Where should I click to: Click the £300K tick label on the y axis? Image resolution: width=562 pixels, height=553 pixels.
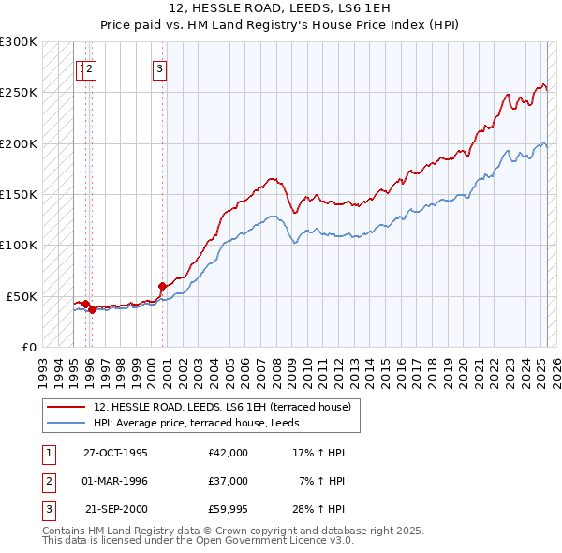[x=19, y=42]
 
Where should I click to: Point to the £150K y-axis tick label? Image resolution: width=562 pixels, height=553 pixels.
[x=19, y=195]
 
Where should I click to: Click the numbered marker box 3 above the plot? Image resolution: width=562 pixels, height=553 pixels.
[x=160, y=67]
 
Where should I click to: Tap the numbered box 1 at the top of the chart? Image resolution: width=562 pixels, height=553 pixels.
[x=81, y=67]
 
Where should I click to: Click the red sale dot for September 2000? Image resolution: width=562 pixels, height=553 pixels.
[x=162, y=285]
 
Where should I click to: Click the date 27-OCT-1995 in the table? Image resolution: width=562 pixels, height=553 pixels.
[x=115, y=453]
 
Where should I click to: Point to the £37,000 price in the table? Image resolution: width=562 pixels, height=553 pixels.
[x=229, y=481]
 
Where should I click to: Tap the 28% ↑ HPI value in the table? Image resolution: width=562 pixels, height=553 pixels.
[x=320, y=509]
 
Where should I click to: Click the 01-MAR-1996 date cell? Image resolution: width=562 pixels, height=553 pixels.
[x=115, y=481]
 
